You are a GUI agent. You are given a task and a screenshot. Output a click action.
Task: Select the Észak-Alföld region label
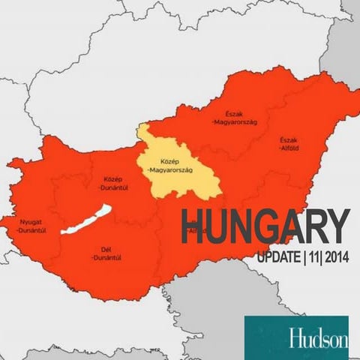coord(289,143)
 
